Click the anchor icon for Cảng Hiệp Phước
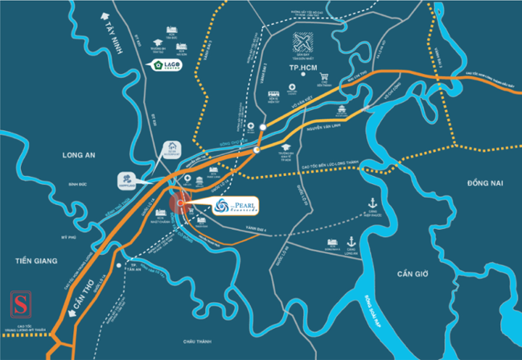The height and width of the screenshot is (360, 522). (373, 204)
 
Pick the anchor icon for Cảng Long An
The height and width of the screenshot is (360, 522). (351, 241)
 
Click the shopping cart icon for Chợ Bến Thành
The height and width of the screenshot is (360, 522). (324, 76)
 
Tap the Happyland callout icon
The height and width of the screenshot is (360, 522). (126, 179)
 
